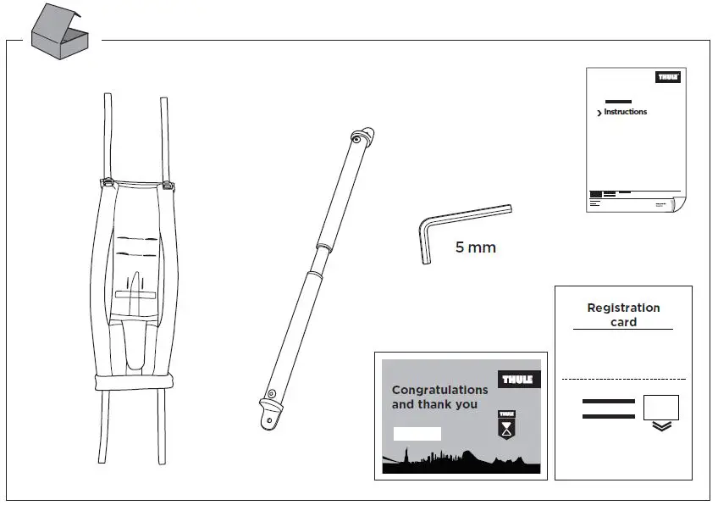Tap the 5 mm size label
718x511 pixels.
[475, 248]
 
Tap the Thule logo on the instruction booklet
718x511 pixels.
[668, 77]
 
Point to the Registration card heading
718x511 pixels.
[623, 314]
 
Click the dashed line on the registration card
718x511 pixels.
[623, 379]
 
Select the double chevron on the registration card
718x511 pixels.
[662, 426]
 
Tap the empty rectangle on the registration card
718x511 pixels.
[661, 408]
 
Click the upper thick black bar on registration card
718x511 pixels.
[608, 401]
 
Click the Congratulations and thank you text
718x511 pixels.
[439, 397]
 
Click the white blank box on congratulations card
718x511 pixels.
[417, 434]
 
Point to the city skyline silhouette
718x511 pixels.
[461, 463]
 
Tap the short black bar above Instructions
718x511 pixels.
[618, 101]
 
